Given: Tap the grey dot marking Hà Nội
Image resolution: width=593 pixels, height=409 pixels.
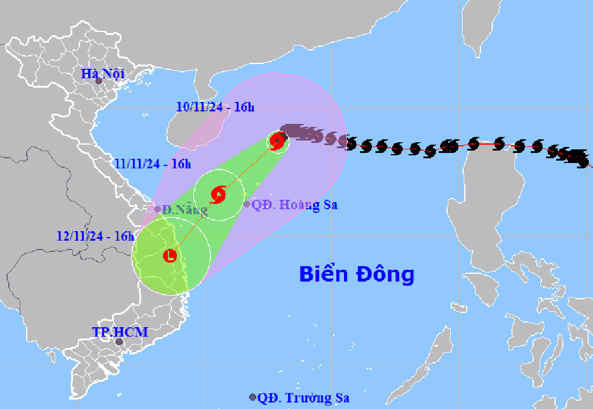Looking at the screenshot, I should [x=99, y=81].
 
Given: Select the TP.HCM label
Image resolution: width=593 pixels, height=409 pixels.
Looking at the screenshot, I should [x=120, y=332].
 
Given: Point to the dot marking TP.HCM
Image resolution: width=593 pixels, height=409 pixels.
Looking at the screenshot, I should [x=119, y=342].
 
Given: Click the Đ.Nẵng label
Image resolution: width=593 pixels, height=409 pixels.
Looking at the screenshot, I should [x=185, y=209].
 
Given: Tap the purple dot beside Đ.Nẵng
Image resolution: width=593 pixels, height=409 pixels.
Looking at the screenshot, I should [x=157, y=209].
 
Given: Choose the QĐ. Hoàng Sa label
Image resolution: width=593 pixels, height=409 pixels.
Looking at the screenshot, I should [x=294, y=205].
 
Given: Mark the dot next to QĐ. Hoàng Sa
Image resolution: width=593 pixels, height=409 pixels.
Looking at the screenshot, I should [x=247, y=204].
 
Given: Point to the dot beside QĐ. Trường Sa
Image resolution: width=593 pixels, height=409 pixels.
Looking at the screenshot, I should [x=253, y=397].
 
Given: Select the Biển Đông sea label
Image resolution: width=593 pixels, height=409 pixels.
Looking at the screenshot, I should [x=356, y=274].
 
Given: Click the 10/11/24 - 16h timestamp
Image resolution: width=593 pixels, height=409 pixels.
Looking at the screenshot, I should [x=215, y=107].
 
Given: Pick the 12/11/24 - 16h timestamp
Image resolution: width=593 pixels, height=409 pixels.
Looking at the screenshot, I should [x=95, y=236].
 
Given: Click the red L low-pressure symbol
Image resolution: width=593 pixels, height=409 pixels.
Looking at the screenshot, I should [x=171, y=256].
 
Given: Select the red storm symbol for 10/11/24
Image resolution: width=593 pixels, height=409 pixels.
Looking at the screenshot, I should [x=277, y=140].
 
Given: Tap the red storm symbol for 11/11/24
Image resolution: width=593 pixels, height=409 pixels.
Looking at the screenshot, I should [x=218, y=194].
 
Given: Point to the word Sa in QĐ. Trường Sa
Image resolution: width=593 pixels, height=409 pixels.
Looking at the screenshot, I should [x=340, y=398].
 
